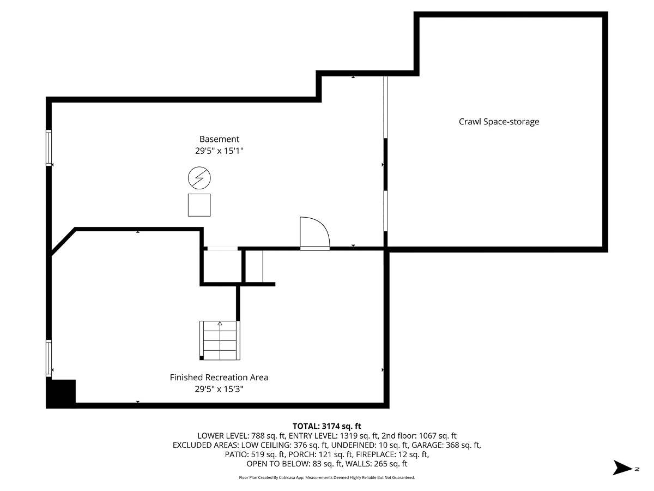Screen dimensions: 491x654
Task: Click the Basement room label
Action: pos(219,139)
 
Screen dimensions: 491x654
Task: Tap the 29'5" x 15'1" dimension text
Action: pos(219,151)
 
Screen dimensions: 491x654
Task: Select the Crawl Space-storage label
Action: pos(499,122)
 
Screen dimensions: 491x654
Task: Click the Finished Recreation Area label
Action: pos(219,377)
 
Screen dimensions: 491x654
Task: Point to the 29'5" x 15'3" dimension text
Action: pos(219,389)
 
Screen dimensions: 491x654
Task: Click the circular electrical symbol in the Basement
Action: pos(199,178)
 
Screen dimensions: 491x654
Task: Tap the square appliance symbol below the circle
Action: pos(199,205)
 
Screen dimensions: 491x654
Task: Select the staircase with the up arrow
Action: pos(220,340)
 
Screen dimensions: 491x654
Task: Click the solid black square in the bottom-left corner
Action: pos(60,392)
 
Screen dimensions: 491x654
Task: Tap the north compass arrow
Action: pos(622,468)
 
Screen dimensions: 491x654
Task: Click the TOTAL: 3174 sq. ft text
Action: pos(327,426)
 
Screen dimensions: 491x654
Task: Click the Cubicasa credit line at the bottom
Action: pos(327,477)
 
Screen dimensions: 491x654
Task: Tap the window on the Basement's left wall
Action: pos(49,148)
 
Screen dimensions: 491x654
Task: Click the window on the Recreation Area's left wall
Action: pos(49,358)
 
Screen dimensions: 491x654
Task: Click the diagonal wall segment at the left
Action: pos(62,242)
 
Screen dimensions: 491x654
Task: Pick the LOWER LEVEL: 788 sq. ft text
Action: pos(241,435)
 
